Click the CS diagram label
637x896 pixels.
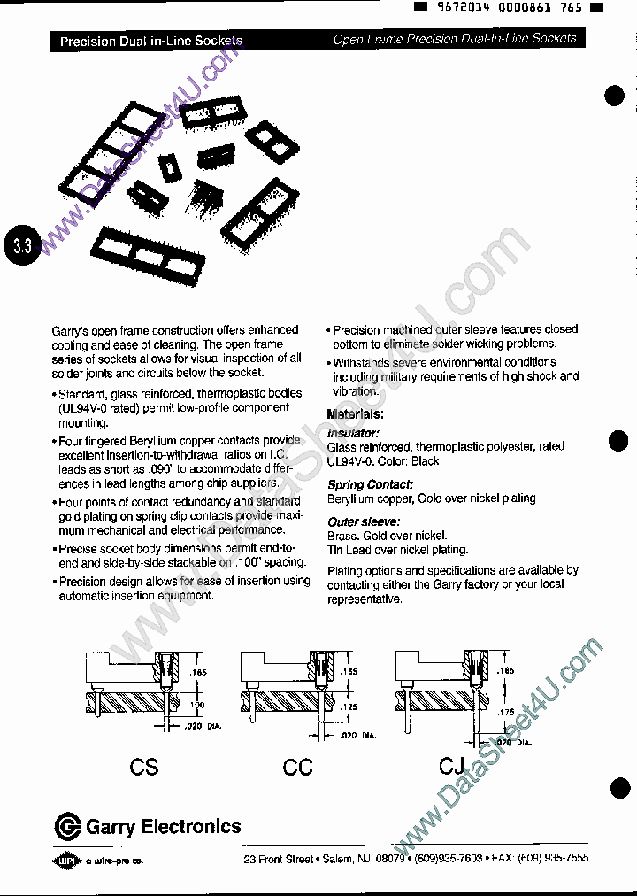pos(143,767)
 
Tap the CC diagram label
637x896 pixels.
pos(298,767)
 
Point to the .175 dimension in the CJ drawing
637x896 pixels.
pos(505,712)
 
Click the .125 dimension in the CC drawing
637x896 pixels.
pos(349,707)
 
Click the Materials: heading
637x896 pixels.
pos(355,413)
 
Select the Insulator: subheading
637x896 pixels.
pos(353,433)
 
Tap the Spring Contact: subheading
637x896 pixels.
pos(370,484)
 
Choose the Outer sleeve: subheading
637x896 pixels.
pos(364,521)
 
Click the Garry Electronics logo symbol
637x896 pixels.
pos(67,828)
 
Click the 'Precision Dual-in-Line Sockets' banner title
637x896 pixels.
pos(150,41)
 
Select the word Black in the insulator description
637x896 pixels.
pos(425,461)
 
